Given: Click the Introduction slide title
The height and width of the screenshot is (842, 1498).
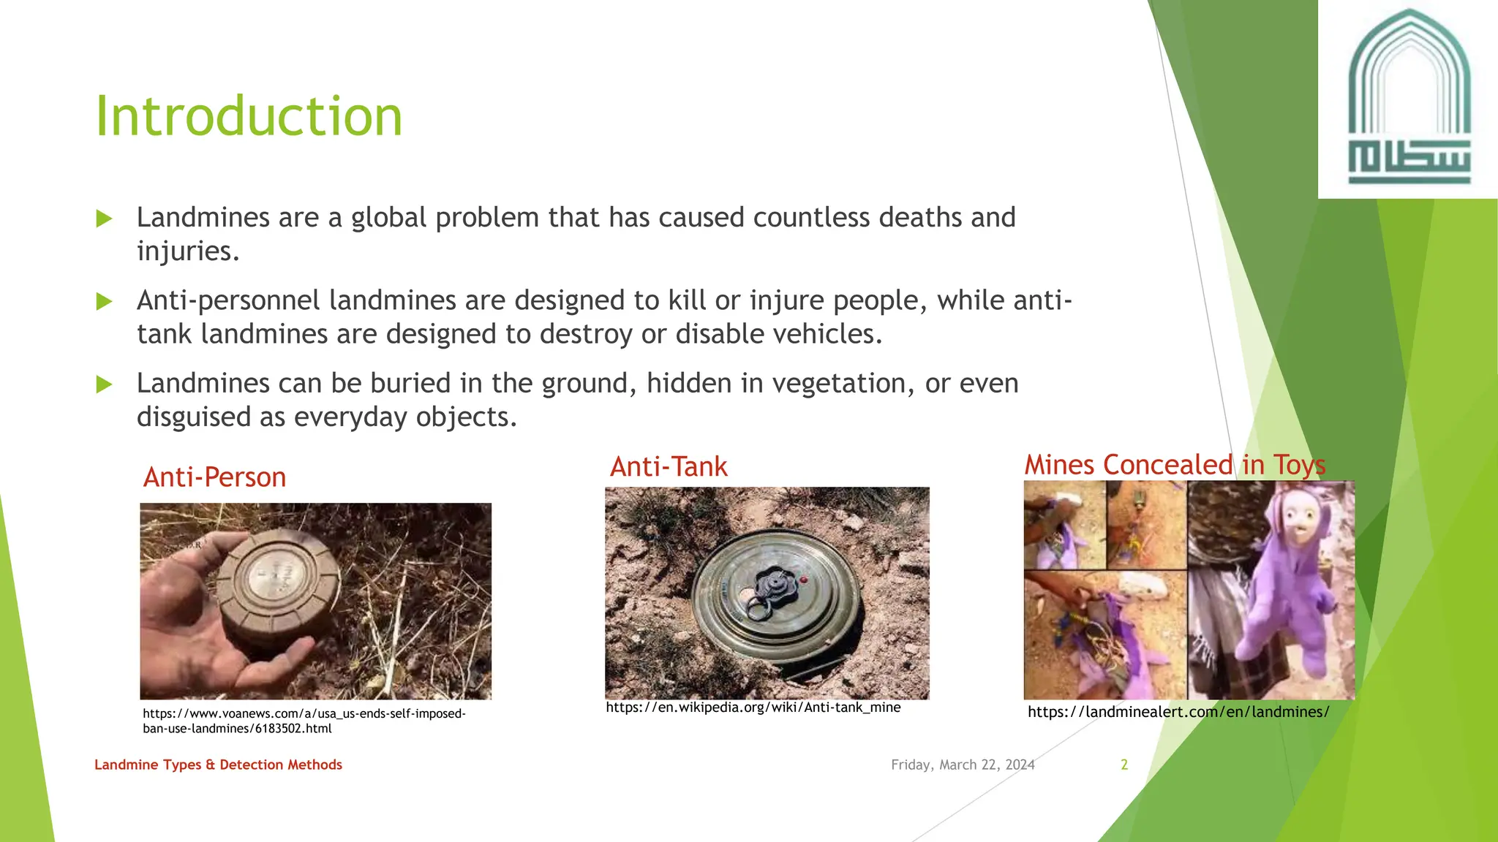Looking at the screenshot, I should click(x=249, y=117).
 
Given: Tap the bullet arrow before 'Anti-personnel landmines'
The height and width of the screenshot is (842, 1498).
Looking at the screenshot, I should click(x=104, y=301).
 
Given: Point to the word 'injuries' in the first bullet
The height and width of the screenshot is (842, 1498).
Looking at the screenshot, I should click(x=187, y=251).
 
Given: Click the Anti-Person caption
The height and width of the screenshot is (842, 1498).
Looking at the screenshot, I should click(x=214, y=477).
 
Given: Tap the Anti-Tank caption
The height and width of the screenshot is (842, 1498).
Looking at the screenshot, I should click(x=669, y=467).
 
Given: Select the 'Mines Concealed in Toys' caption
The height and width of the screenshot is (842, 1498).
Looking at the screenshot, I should click(x=1175, y=465).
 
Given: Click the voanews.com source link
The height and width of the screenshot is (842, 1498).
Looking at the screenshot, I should click(x=304, y=721).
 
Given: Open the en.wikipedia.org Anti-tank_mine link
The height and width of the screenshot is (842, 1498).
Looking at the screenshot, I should click(x=753, y=708).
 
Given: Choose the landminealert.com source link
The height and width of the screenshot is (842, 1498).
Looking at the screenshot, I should click(x=1178, y=712).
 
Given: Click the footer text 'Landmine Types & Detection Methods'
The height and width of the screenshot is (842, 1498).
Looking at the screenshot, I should click(x=218, y=765).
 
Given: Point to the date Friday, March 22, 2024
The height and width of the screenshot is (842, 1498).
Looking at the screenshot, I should click(x=963, y=765).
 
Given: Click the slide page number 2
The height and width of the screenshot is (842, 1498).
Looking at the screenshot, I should click(x=1124, y=765).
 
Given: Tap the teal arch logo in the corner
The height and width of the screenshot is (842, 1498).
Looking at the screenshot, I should click(x=1409, y=99).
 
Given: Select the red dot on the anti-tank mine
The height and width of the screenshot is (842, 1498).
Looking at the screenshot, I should click(x=804, y=580).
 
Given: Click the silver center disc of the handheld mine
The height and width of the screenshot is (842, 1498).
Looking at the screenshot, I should click(x=274, y=574).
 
